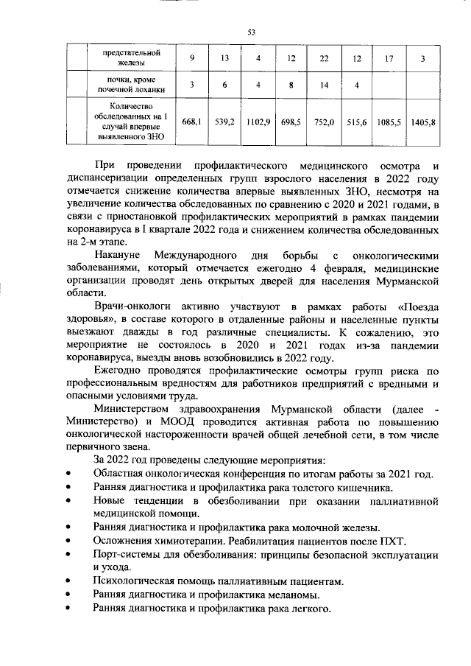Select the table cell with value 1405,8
pyautogui.click(x=422, y=121)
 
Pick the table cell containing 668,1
pyautogui.click(x=192, y=121)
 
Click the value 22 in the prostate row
pyautogui.click(x=324, y=58)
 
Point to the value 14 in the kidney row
pyautogui.click(x=324, y=85)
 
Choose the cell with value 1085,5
pyautogui.click(x=389, y=121)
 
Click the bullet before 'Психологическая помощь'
pyautogui.click(x=68, y=582)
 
